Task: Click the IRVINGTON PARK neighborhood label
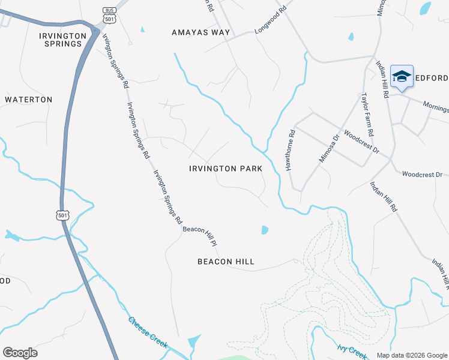[226, 169]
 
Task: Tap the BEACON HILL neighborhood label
[226, 262]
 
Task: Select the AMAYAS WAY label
[200, 32]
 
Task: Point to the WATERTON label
[29, 100]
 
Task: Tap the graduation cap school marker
[402, 77]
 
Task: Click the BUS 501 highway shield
[109, 15]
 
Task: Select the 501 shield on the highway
[63, 215]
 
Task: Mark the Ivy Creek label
[351, 350]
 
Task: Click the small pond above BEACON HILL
[265, 229]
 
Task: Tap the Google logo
[20, 353]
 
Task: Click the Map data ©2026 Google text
[411, 355]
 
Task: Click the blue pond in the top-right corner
[425, 8]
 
